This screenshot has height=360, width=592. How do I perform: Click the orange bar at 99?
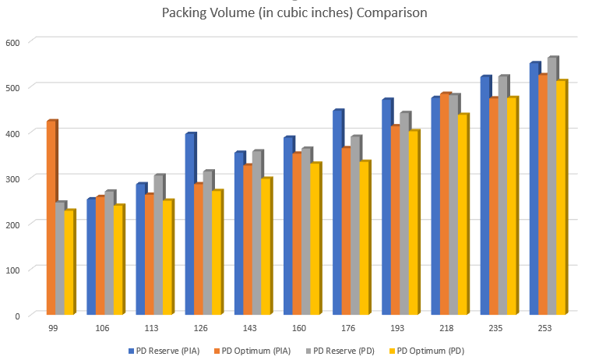[x=51, y=218]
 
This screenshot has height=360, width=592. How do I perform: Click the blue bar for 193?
[x=386, y=207]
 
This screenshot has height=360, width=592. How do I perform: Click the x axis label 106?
[x=101, y=329]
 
